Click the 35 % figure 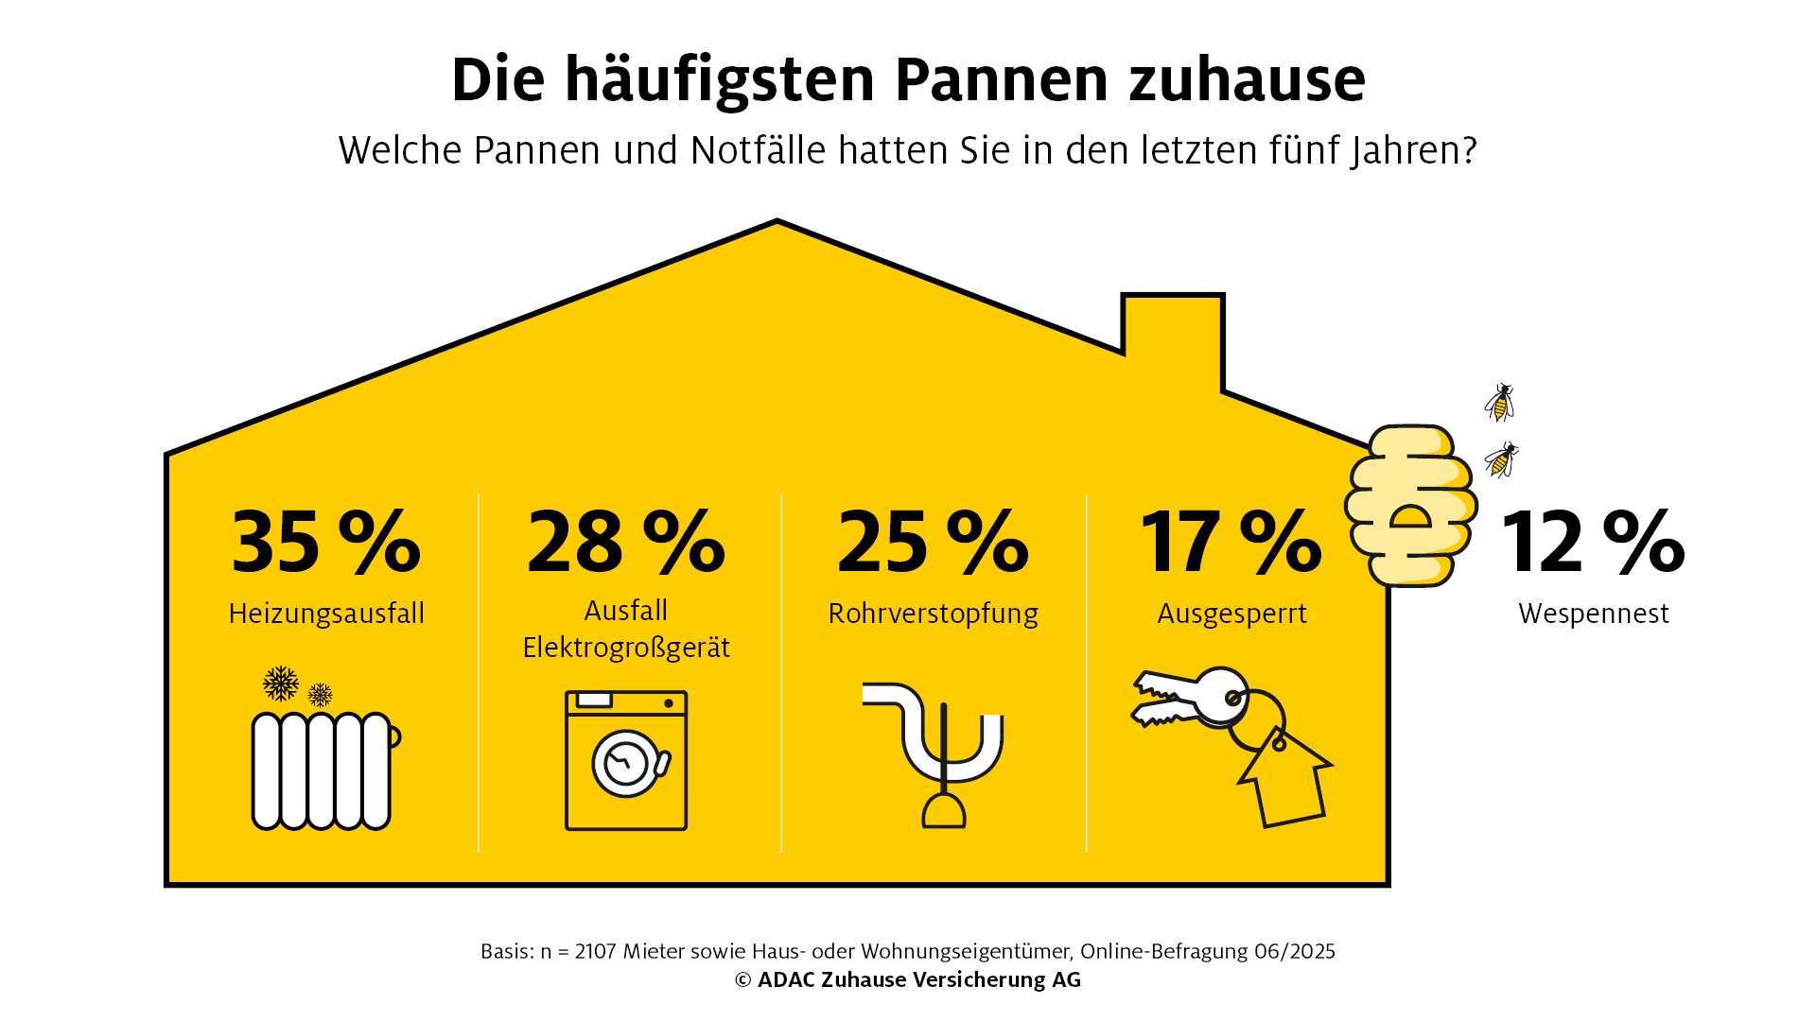[325, 542]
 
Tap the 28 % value [625, 542]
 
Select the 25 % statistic [933, 542]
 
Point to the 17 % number [1231, 542]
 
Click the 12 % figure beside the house [1593, 542]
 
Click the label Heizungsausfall [326, 614]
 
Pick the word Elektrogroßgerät [626, 648]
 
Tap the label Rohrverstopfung [933, 614]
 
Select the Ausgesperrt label [1231, 614]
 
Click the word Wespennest [1594, 614]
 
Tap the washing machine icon [626, 761]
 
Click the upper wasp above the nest [1500, 403]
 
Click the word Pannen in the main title [1001, 79]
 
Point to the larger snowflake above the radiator [281, 684]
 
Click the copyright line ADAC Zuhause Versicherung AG [908, 980]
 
